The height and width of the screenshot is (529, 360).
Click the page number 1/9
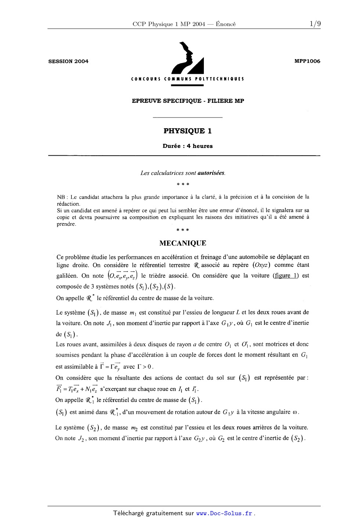pos(315,24)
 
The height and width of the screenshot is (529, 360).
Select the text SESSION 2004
pos(68,61)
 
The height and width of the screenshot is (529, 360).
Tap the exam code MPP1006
pos(307,61)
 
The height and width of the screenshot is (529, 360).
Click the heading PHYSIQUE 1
pos(187,131)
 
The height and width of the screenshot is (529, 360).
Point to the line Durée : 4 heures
pos(187,146)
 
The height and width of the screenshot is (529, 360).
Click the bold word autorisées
pos(211,173)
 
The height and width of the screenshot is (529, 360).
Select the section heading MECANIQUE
pos(183,243)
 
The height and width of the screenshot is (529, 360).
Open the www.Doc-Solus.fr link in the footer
pos(224,514)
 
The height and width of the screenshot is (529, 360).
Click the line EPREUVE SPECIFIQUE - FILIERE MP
pos(188,101)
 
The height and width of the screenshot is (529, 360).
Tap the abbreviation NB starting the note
pos(61,197)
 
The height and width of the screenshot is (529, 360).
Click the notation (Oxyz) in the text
pos(262,265)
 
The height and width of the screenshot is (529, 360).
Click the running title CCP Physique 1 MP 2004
pos(169,24)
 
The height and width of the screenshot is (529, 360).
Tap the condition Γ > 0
pos(145,366)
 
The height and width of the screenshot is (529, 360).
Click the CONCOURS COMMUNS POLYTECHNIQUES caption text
pos(187,79)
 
